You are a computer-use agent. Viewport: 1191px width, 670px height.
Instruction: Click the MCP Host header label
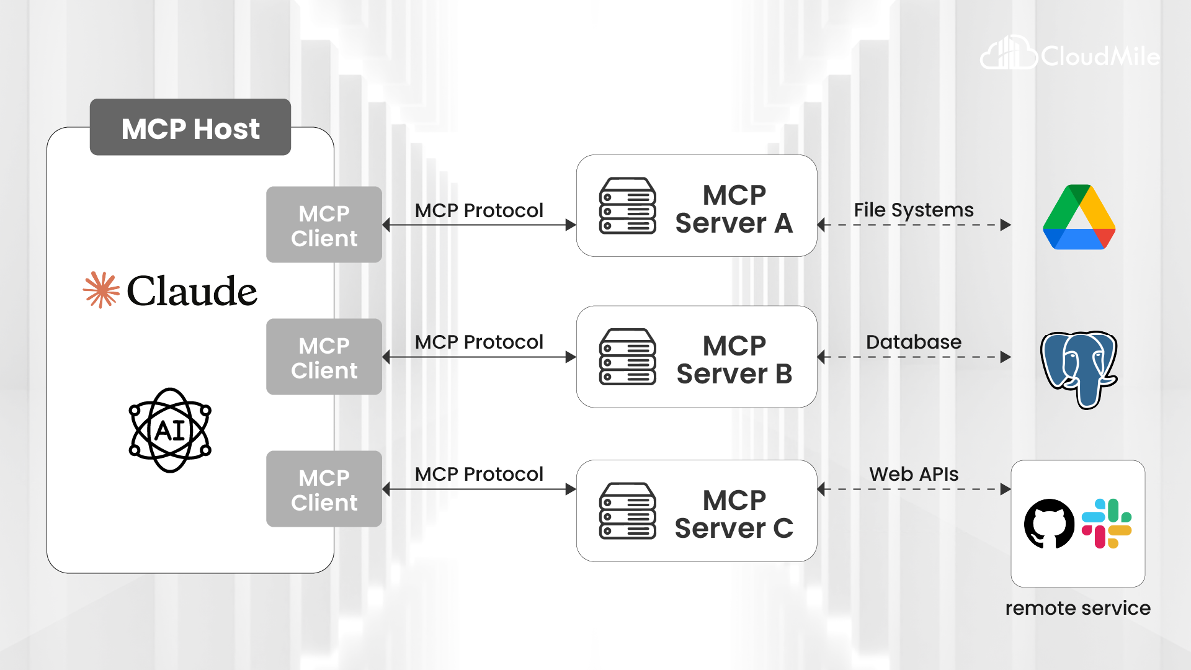[190, 128]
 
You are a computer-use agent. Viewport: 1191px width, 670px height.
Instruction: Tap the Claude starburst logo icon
[101, 290]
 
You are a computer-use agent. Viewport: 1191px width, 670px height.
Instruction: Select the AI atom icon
[170, 430]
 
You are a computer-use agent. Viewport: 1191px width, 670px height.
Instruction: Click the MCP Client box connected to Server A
[324, 225]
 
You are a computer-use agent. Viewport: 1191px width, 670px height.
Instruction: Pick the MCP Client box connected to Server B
[324, 357]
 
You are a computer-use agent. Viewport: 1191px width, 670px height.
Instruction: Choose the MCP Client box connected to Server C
[324, 489]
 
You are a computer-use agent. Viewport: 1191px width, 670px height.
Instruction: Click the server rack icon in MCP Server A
[627, 206]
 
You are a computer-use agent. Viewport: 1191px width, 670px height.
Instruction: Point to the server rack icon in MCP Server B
[627, 357]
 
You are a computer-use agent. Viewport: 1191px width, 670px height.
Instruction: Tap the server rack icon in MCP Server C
[627, 511]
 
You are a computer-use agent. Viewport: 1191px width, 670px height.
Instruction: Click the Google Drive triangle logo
[1079, 218]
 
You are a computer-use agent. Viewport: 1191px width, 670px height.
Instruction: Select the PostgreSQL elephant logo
[1079, 368]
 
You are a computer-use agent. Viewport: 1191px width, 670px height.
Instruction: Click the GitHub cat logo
[1049, 524]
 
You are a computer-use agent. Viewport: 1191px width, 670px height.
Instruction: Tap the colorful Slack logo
[1107, 524]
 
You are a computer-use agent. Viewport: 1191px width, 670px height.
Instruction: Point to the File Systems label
[913, 210]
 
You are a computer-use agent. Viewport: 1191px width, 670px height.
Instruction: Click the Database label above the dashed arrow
[913, 342]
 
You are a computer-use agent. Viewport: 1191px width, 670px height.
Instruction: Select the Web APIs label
[913, 474]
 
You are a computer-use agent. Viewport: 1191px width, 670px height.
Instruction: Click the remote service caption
[1077, 608]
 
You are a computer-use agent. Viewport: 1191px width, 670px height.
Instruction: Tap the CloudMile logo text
[1099, 56]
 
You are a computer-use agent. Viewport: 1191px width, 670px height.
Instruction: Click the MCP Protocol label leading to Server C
[479, 474]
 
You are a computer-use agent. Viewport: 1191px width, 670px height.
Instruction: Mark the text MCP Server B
[734, 359]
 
